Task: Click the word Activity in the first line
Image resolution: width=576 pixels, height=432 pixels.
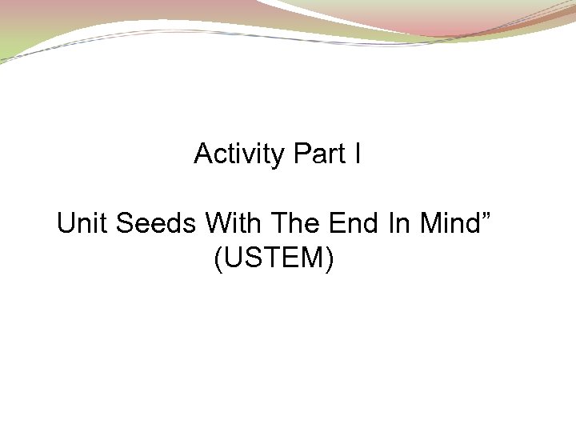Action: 239,154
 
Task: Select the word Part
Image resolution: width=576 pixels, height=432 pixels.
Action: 318,154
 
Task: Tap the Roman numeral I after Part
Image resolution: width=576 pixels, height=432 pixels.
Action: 356,154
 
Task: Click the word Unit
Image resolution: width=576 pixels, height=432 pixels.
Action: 82,223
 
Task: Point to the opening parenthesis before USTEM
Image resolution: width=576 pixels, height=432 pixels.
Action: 218,259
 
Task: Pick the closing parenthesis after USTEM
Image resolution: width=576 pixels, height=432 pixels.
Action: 329,259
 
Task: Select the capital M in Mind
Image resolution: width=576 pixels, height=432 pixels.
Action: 430,223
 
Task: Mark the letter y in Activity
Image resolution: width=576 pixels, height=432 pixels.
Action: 278,156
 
